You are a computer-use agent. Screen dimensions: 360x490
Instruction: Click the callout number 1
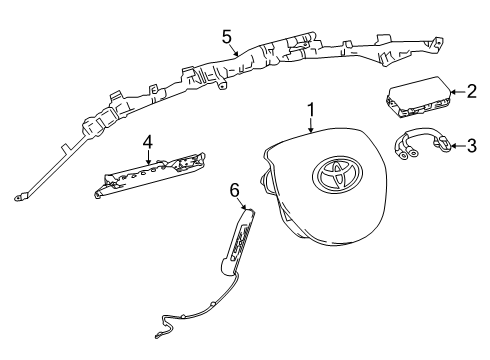coord(311,111)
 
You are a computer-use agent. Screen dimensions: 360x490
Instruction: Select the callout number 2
coord(471,91)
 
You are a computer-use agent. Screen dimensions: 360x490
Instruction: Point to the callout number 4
coord(147,143)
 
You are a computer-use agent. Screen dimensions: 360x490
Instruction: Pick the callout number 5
coord(227,38)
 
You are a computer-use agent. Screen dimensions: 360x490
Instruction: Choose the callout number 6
coord(235,189)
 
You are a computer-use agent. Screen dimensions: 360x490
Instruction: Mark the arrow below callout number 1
coord(311,127)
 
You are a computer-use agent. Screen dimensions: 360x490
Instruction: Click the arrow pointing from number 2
coord(455,92)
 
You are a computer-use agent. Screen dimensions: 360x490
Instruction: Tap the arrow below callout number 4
coord(147,158)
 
